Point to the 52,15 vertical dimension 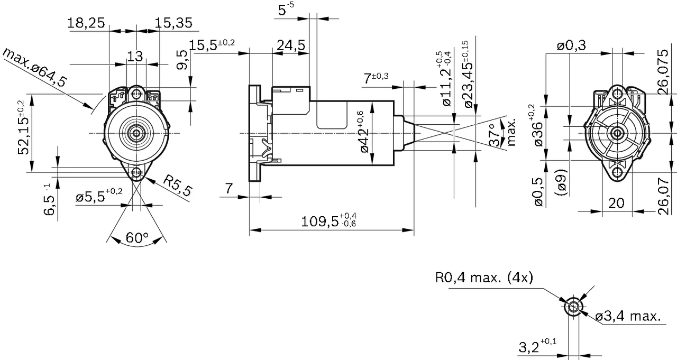pyautogui.click(x=22, y=135)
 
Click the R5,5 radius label pyautogui.click(x=177, y=186)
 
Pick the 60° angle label pyautogui.click(x=137, y=238)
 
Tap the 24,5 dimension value pyautogui.click(x=291, y=45)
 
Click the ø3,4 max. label pyautogui.click(x=628, y=317)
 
